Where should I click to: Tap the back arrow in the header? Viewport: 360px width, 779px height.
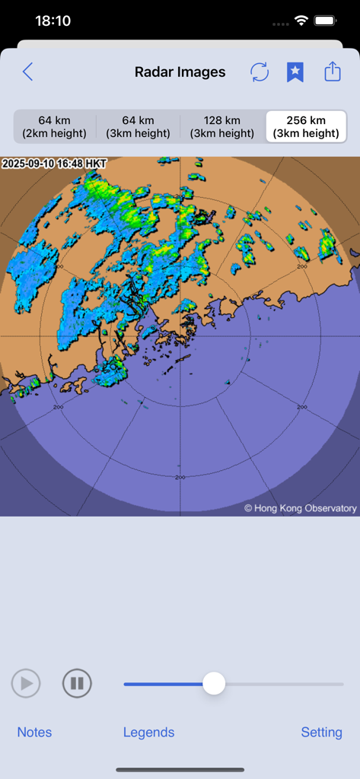click(28, 72)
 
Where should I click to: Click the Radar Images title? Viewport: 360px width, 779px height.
click(180, 72)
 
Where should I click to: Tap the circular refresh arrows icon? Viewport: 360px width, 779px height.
click(260, 72)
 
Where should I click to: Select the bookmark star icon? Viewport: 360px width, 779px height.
click(295, 72)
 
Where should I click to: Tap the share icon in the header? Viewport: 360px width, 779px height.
click(333, 72)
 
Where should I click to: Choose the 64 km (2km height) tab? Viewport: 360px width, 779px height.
click(55, 127)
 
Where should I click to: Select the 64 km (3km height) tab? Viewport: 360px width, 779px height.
click(139, 127)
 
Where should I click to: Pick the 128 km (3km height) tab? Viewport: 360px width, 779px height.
click(222, 127)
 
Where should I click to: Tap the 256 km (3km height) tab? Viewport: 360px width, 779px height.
click(306, 127)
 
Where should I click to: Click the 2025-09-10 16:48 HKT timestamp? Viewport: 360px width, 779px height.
click(55, 164)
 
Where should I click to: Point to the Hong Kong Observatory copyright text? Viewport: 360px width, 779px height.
click(300, 508)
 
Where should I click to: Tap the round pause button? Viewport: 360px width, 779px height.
click(77, 683)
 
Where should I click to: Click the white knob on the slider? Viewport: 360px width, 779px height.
click(214, 683)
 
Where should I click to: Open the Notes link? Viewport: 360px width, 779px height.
click(35, 732)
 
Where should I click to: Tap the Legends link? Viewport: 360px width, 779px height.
click(148, 732)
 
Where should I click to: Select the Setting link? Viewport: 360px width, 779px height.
click(321, 732)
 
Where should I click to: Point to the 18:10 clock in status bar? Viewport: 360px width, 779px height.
click(53, 21)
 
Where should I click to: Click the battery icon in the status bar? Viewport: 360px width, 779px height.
click(326, 21)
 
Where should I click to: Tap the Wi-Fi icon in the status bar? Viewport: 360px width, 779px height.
click(301, 21)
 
